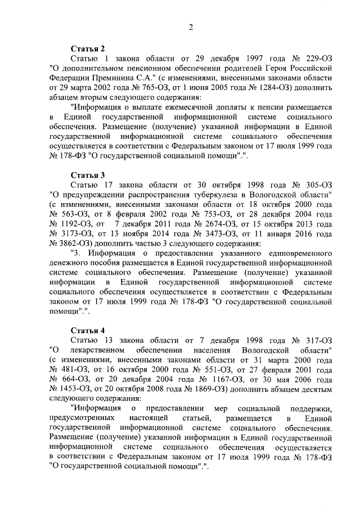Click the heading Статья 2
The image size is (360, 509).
(x=88, y=49)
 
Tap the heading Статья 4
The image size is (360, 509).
(x=88, y=329)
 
